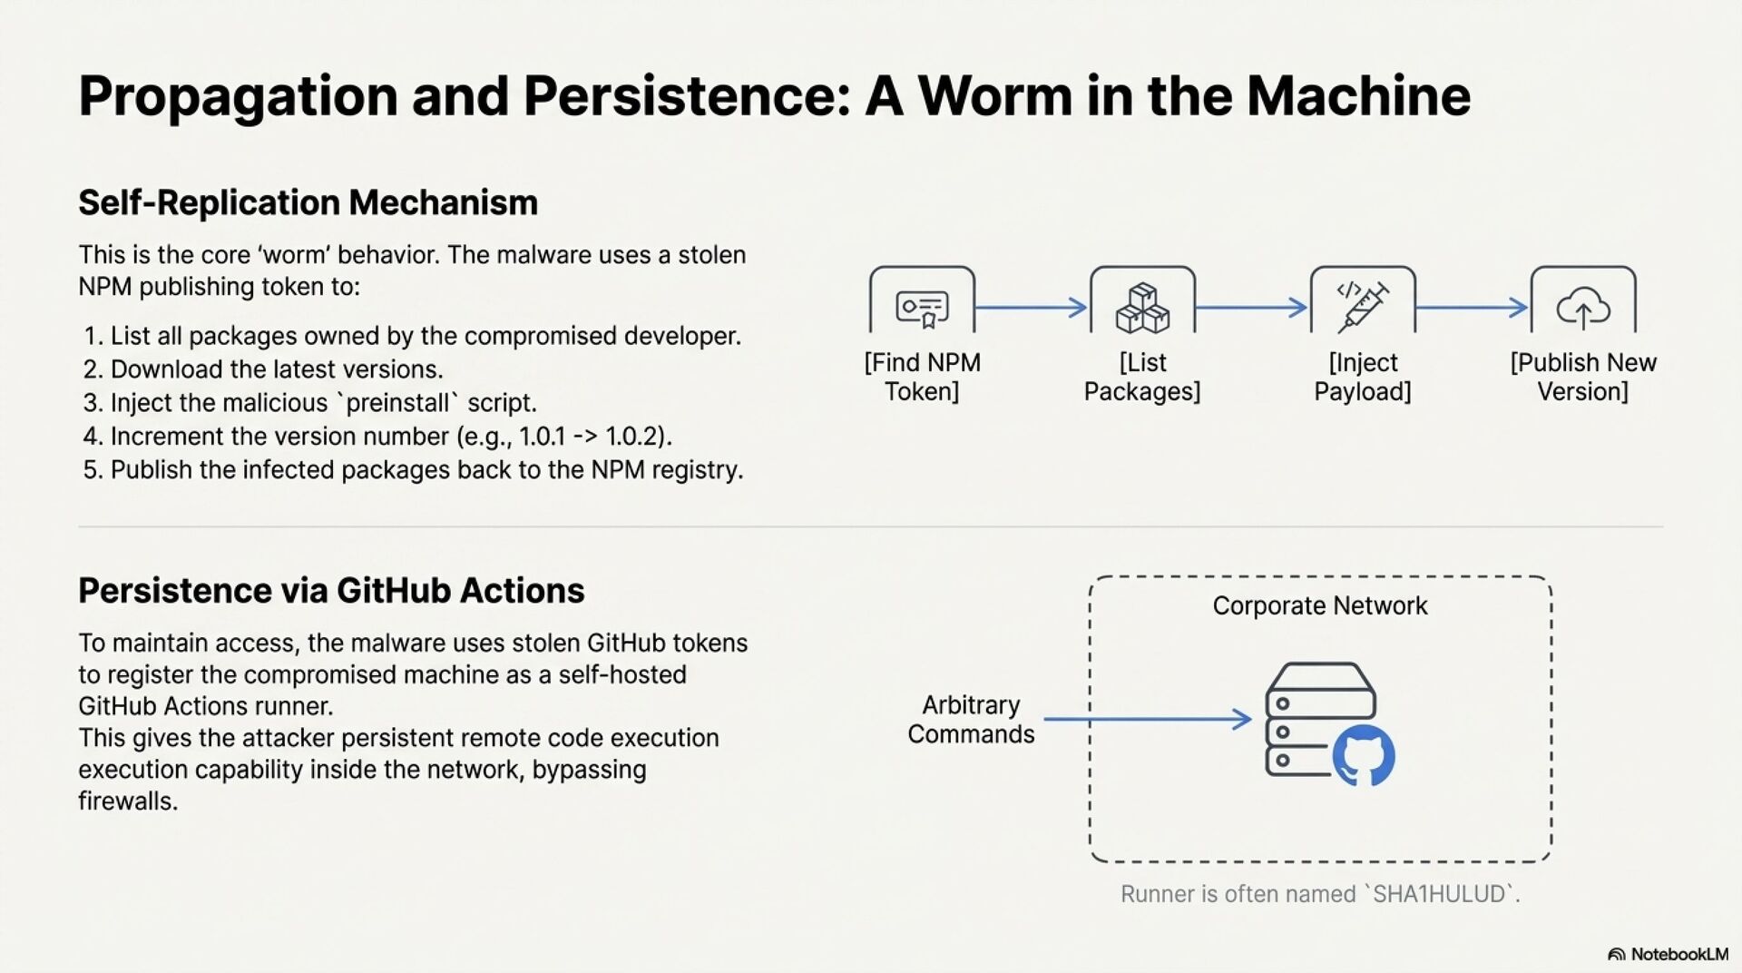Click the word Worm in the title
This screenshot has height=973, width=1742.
[994, 96]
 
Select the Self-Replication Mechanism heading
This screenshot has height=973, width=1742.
[308, 202]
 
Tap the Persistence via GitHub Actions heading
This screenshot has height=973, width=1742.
[331, 591]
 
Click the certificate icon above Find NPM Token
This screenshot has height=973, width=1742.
[922, 309]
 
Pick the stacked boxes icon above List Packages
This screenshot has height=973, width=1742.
[1142, 308]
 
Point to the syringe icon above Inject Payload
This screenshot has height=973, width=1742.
[1363, 305]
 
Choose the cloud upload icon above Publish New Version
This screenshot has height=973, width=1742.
[1583, 309]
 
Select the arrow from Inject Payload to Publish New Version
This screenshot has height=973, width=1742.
[1472, 308]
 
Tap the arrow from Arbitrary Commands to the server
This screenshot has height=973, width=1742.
[1148, 720]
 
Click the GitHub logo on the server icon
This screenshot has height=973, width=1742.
[1364, 756]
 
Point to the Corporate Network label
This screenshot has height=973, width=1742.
[1320, 606]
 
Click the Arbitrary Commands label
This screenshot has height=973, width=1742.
[971, 720]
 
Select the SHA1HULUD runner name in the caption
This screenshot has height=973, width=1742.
[1440, 895]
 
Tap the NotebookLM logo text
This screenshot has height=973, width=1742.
[1678, 954]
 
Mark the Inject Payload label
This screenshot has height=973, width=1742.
[1363, 377]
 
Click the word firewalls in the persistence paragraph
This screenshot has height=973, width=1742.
[127, 801]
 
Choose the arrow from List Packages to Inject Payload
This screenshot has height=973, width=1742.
[1252, 308]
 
